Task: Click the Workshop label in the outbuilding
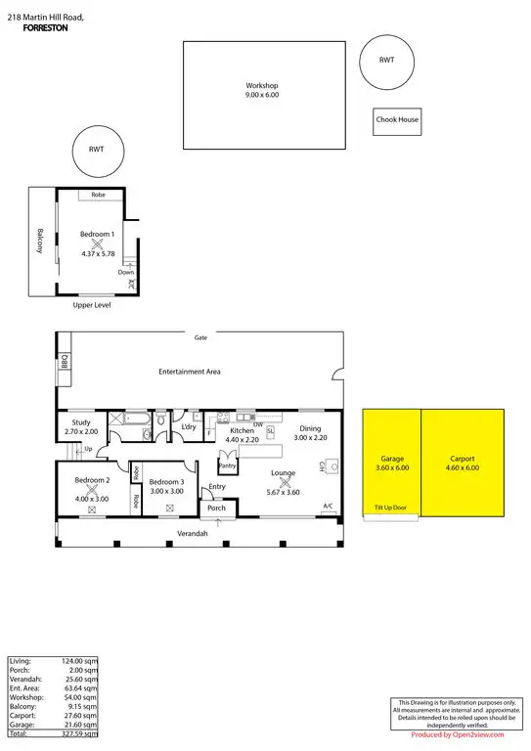click(x=261, y=85)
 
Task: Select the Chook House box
click(x=397, y=120)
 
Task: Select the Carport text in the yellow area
click(x=463, y=459)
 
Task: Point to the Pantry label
click(x=229, y=465)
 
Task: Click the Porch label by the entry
click(x=216, y=508)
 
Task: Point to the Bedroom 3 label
click(x=168, y=482)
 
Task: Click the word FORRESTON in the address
click(x=45, y=29)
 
